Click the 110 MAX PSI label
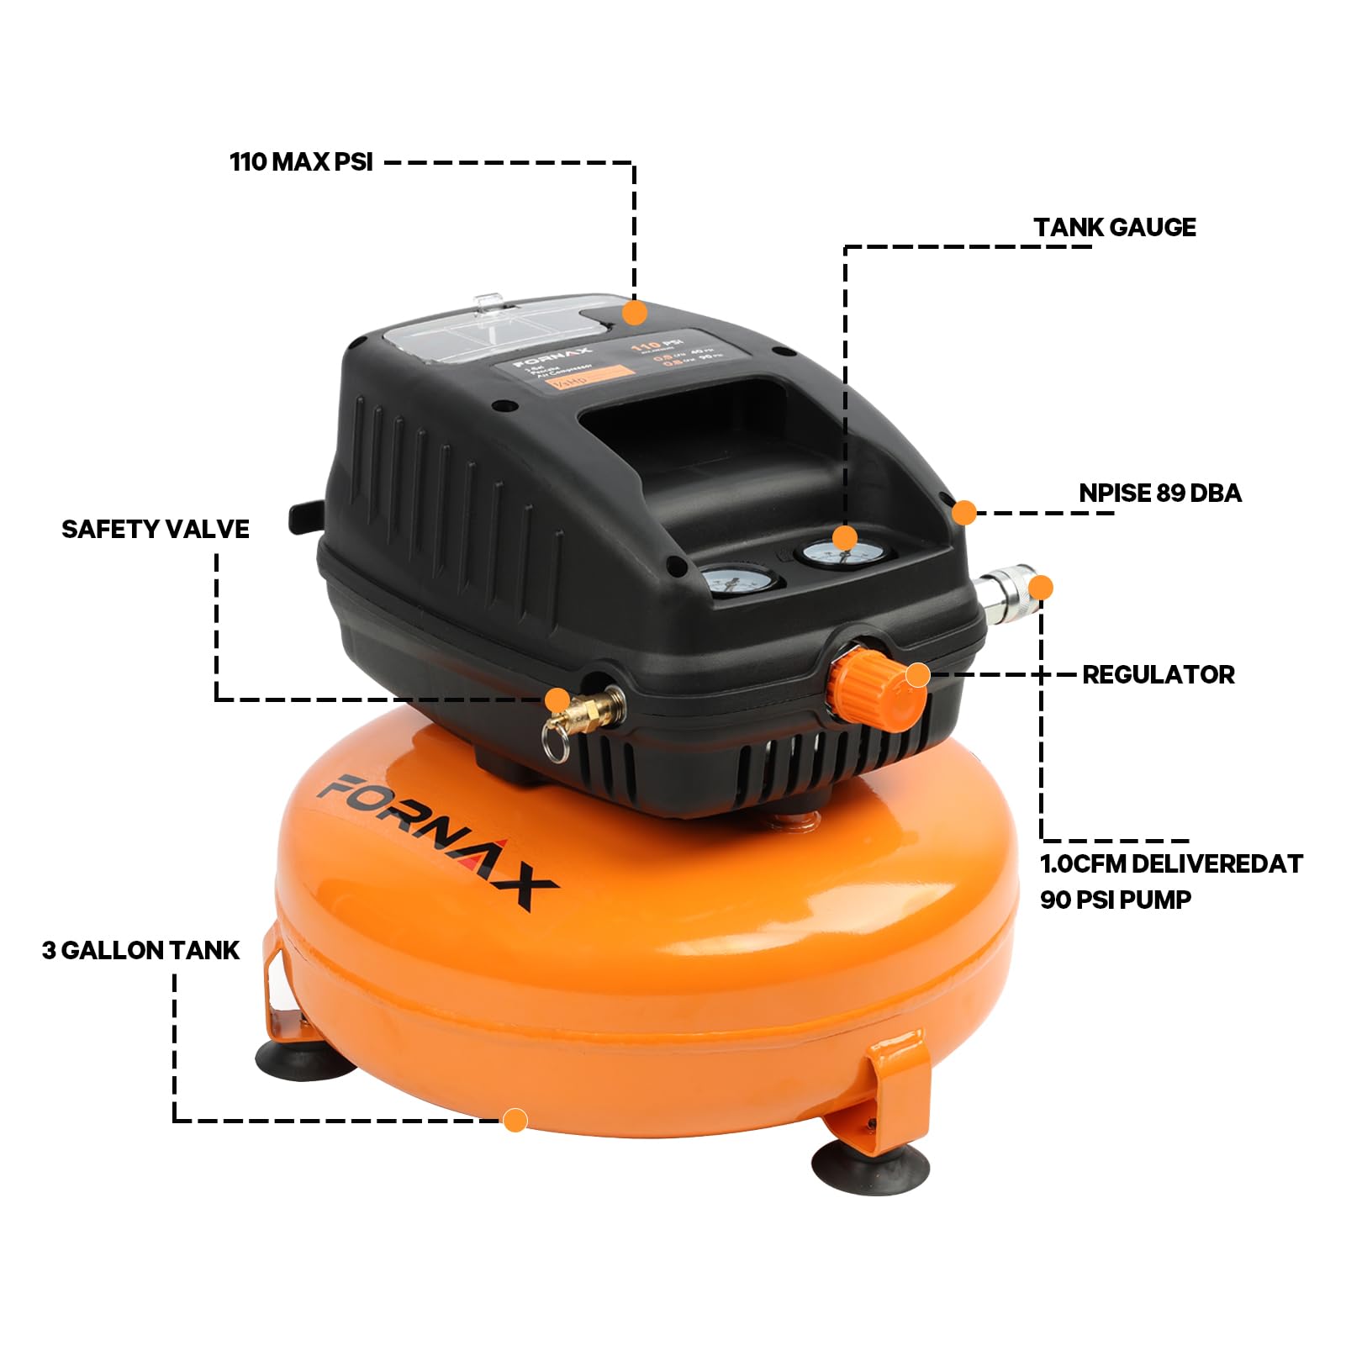click(x=301, y=161)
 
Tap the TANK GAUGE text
click(x=1115, y=227)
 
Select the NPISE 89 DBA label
click(x=1160, y=493)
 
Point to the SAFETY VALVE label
click(x=156, y=529)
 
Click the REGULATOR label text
click(x=1158, y=674)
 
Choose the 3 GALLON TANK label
click(x=140, y=950)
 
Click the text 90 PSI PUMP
click(x=1116, y=900)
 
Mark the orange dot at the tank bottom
click(x=515, y=1120)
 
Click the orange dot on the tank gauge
click(x=844, y=538)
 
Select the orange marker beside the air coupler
click(x=1041, y=587)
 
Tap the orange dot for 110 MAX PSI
click(x=635, y=313)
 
